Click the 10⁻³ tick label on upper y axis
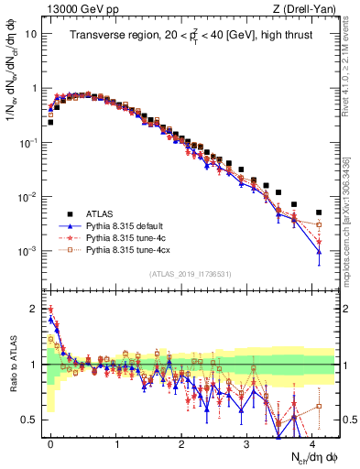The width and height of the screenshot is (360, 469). click(28, 251)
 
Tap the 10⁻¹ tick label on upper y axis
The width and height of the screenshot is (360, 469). click(28, 143)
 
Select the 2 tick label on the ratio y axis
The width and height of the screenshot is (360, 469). click(33, 309)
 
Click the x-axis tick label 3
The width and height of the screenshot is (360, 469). click(247, 442)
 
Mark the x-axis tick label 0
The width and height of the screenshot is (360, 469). click(50, 442)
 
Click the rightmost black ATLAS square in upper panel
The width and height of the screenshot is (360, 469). click(319, 213)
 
